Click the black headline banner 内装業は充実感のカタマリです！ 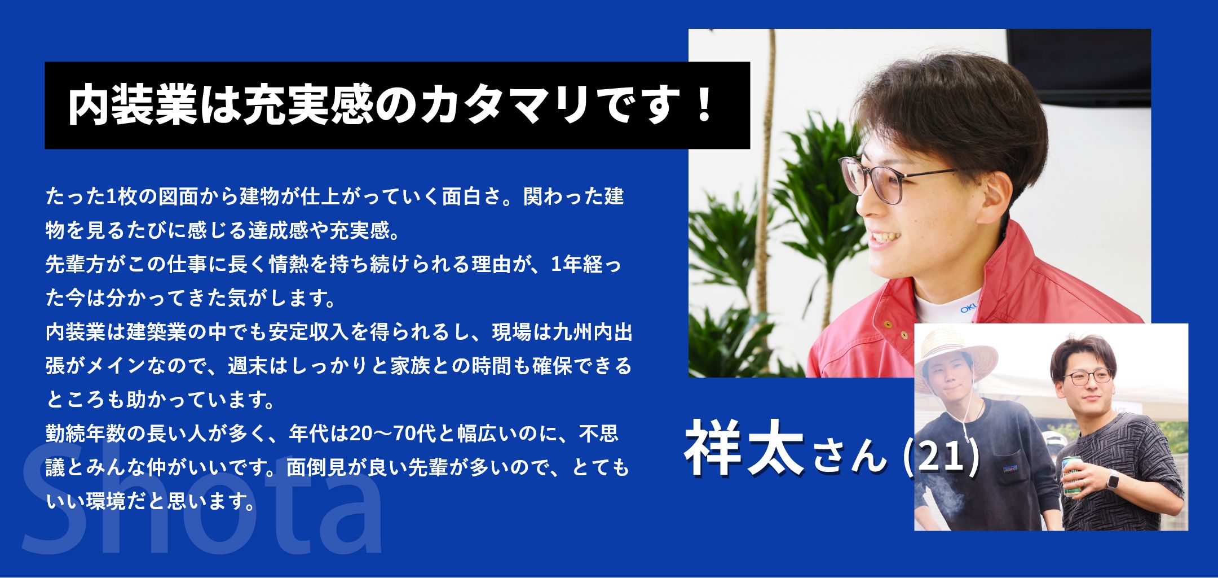click(397, 105)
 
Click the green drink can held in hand click(1072, 476)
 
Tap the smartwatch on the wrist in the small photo click(1113, 480)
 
